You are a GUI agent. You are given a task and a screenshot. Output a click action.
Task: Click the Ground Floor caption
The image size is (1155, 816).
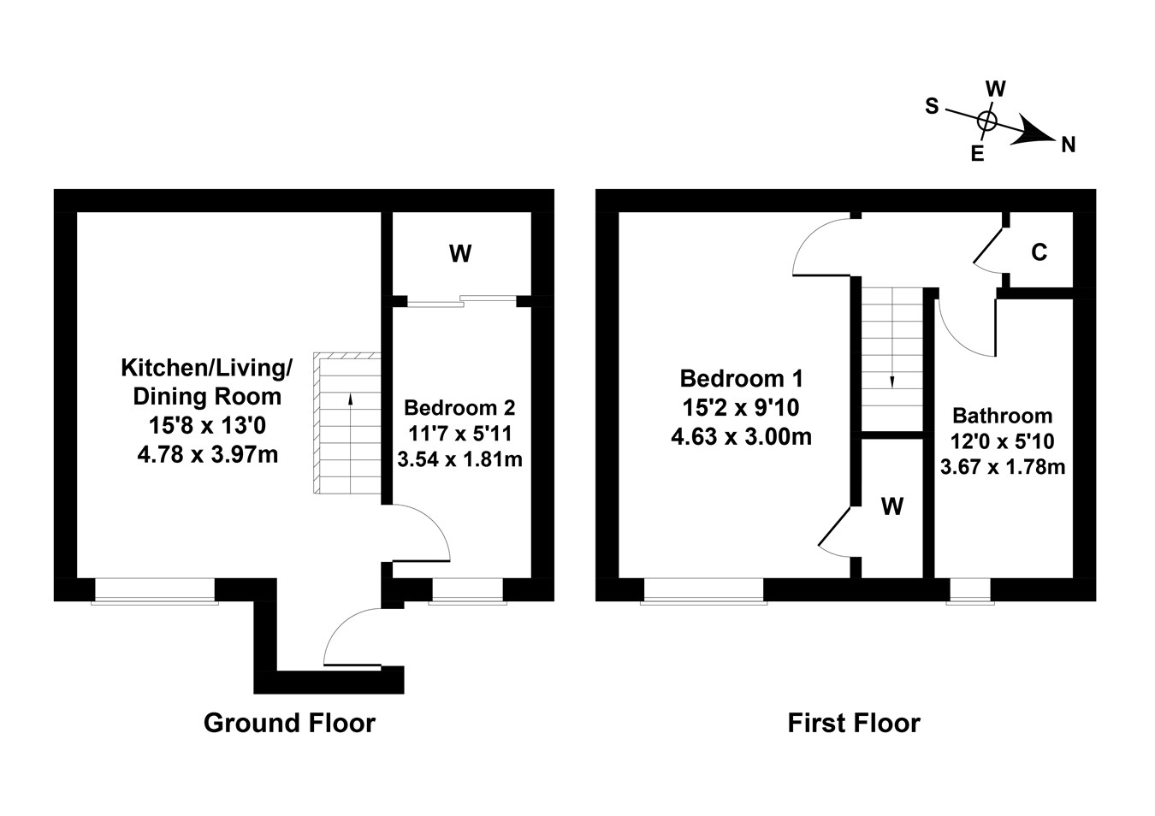point(289,724)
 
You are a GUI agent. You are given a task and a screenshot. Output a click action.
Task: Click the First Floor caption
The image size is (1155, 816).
point(853,724)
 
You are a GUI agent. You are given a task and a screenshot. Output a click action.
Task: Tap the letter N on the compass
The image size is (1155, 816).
point(1068,145)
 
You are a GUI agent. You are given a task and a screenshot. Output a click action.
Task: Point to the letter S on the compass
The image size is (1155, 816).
point(932,106)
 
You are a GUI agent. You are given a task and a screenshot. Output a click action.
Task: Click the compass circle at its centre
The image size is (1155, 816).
point(986,121)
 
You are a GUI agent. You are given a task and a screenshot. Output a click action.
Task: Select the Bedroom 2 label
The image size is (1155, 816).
point(459,408)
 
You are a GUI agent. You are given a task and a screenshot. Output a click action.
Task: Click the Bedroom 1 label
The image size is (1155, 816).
point(741,378)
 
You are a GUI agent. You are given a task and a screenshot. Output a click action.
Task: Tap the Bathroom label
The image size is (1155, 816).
point(1002,417)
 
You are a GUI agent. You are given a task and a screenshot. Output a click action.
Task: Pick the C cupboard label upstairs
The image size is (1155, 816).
point(1039,252)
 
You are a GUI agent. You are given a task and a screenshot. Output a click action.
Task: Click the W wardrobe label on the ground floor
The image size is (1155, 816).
point(460,253)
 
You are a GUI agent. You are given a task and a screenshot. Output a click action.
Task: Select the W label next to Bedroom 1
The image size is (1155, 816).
point(892,507)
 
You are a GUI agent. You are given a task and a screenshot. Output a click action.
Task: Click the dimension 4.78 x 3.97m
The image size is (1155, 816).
point(207,453)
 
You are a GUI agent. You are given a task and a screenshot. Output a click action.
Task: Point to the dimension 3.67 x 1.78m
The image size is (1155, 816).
point(1002,466)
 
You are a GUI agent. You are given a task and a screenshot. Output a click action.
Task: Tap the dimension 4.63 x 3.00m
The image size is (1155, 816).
point(741,437)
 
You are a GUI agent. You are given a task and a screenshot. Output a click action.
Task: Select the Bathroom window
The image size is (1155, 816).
point(970,591)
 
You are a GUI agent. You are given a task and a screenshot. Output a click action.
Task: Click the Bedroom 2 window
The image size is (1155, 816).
point(466,591)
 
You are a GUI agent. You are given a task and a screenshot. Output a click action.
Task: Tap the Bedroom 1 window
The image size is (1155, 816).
point(703,591)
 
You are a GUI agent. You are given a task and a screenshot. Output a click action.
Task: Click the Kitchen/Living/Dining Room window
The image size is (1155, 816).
point(155,591)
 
